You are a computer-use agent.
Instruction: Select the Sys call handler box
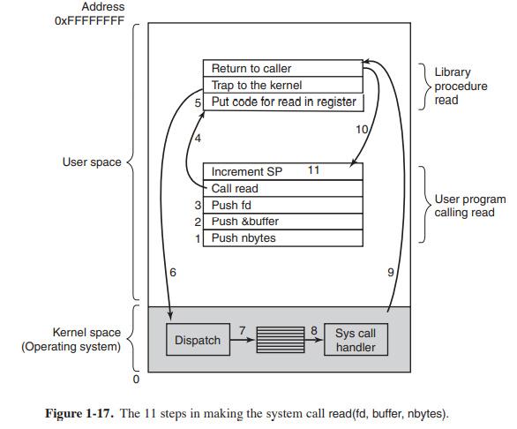tap(356, 340)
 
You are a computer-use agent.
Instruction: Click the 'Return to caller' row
tap(282, 69)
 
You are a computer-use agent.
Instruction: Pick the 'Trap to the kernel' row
tap(282, 86)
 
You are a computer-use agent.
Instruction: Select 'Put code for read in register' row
tap(282, 102)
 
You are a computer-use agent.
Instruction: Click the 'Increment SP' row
tap(282, 171)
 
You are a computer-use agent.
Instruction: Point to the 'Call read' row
tap(282, 188)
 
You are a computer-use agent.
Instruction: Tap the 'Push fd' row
tap(282, 205)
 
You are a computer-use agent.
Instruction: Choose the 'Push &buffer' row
tap(282, 222)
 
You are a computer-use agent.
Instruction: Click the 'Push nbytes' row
tap(282, 238)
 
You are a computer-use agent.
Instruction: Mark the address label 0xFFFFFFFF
tap(89, 20)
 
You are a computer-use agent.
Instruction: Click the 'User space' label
tap(92, 162)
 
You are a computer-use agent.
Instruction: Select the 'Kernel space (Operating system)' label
tap(71, 340)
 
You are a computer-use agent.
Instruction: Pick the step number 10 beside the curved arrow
tap(361, 131)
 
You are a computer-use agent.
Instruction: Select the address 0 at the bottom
tap(136, 380)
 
